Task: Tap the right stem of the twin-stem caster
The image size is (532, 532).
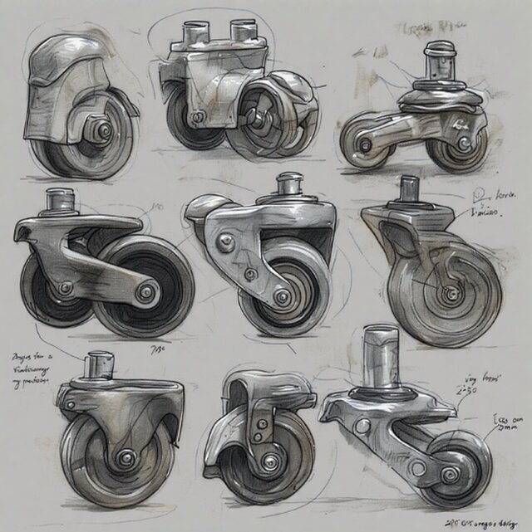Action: tap(244, 34)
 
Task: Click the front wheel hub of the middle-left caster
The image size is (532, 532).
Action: tap(148, 291)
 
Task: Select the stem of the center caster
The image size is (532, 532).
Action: tap(289, 184)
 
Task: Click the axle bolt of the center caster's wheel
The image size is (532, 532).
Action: tap(283, 296)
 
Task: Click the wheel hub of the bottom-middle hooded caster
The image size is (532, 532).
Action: tap(268, 459)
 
